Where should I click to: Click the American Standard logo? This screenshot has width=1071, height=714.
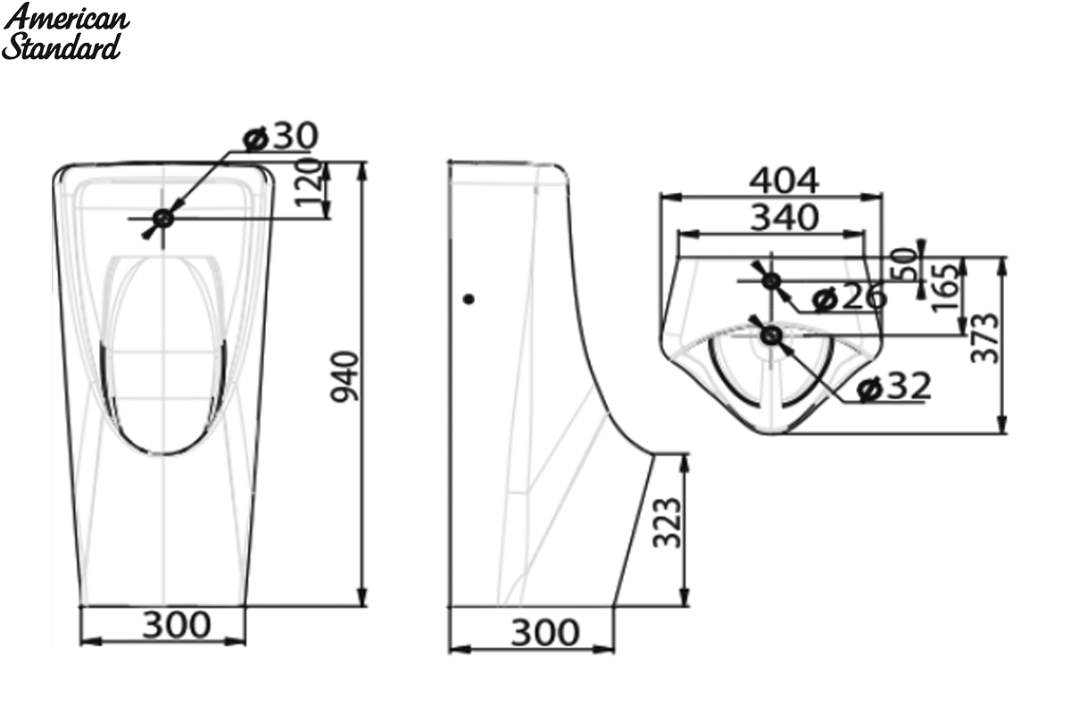[x=65, y=31]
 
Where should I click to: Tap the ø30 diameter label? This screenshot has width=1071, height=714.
[x=280, y=136]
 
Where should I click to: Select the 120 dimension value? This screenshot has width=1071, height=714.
[x=306, y=184]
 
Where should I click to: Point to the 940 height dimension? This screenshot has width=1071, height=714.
[x=345, y=377]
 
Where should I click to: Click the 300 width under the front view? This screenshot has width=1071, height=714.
[x=177, y=625]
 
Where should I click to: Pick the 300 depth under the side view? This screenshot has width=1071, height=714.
[x=545, y=633]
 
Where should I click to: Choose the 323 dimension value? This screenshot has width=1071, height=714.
[x=667, y=523]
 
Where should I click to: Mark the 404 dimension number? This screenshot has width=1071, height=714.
[x=785, y=181]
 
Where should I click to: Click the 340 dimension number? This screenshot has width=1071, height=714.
[x=785, y=218]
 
